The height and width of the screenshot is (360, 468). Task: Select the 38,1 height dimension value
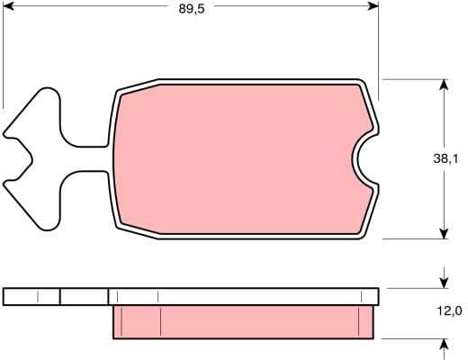click(x=445, y=158)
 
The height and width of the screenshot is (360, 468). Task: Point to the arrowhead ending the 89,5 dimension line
click(x=373, y=6)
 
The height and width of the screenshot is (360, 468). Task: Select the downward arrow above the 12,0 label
click(x=444, y=278)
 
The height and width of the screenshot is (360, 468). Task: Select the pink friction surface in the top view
click(x=234, y=159)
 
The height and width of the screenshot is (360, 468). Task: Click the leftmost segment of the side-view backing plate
click(x=31, y=296)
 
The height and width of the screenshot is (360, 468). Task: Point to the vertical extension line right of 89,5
click(x=379, y=45)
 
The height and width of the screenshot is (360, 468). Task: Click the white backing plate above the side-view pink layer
click(x=243, y=296)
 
